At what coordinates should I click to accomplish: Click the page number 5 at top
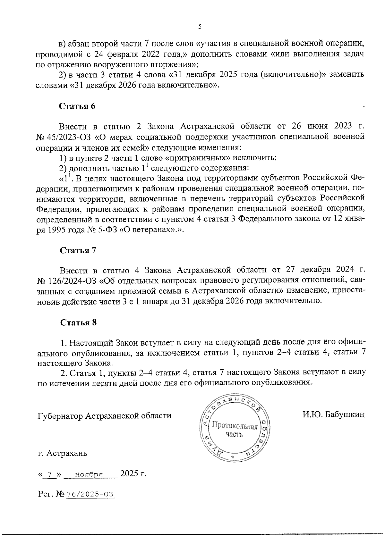tap(200, 27)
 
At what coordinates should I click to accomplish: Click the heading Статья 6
tap(77, 106)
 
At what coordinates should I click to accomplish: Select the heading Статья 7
tap(78, 250)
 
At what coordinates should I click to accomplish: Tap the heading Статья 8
tap(78, 322)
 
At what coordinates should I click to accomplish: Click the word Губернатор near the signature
tap(60, 416)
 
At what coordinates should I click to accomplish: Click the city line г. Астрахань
tap(62, 454)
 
